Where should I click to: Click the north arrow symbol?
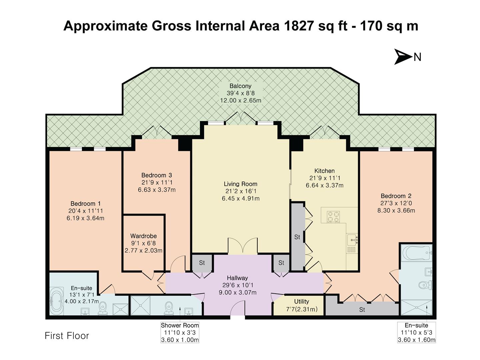[403, 57]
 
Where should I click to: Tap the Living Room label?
[240, 184]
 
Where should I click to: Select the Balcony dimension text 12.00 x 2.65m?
[240, 100]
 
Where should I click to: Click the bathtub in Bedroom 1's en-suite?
[56, 302]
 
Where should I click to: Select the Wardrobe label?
[143, 236]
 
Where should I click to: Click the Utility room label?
[301, 301]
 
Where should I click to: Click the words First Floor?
[67, 336]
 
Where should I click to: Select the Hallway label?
[237, 278]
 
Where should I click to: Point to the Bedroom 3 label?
[157, 175]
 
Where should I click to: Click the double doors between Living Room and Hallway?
[243, 247]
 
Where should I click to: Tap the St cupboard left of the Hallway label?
[202, 263]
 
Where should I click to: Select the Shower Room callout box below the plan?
[180, 333]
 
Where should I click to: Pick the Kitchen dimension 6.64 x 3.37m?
[324, 185]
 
